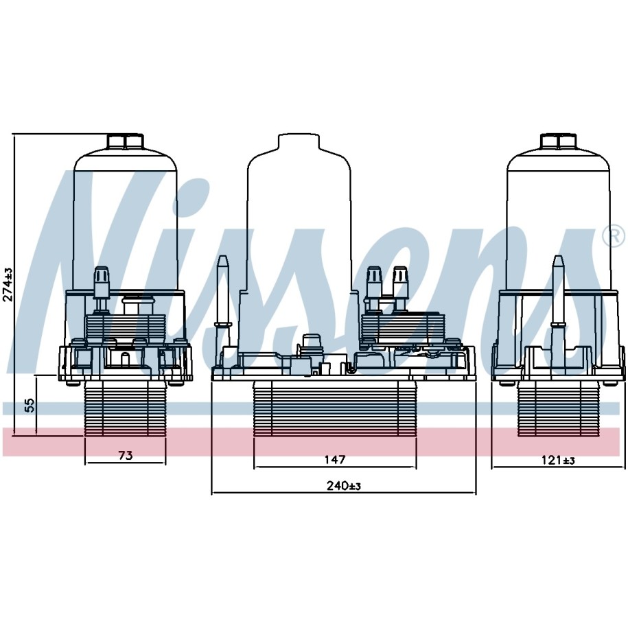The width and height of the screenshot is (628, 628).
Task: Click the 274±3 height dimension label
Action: click(8, 285)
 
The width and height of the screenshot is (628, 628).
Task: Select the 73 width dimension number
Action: click(126, 455)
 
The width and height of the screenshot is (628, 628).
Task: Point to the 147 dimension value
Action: click(334, 459)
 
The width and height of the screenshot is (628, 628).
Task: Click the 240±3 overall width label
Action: click(344, 486)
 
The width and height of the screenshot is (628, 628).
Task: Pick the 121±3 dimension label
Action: click(558, 461)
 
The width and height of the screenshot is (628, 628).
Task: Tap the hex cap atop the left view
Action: click(126, 141)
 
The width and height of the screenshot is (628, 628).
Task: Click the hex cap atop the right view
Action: click(558, 141)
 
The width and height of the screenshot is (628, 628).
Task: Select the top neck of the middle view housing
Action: click(299, 141)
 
